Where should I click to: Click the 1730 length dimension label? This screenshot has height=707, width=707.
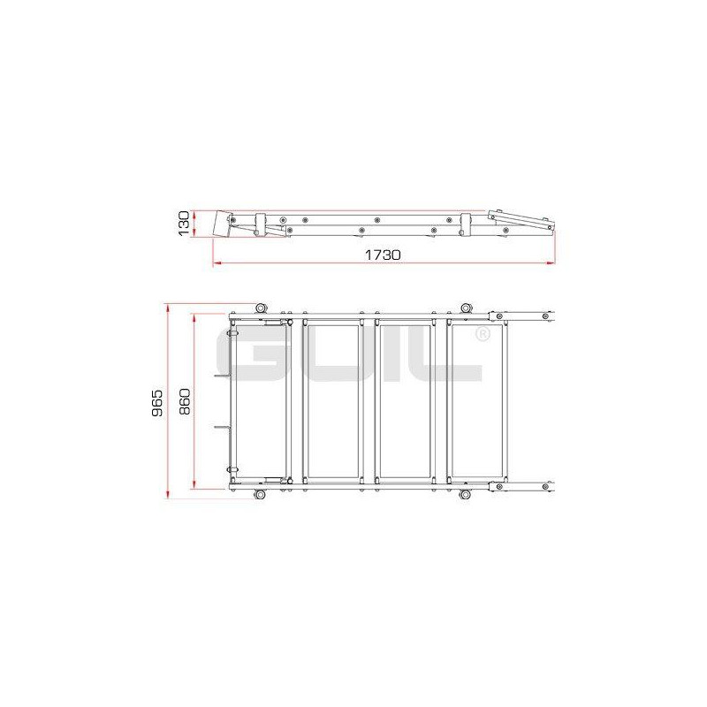(383, 255)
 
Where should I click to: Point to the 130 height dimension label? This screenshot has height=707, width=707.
(184, 224)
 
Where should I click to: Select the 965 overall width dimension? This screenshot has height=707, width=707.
(157, 403)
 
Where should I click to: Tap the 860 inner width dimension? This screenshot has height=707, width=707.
(185, 401)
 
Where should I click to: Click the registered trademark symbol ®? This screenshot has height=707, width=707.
(483, 334)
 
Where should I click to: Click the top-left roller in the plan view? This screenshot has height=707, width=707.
(260, 308)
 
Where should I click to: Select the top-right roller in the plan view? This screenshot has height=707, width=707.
(466, 308)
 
